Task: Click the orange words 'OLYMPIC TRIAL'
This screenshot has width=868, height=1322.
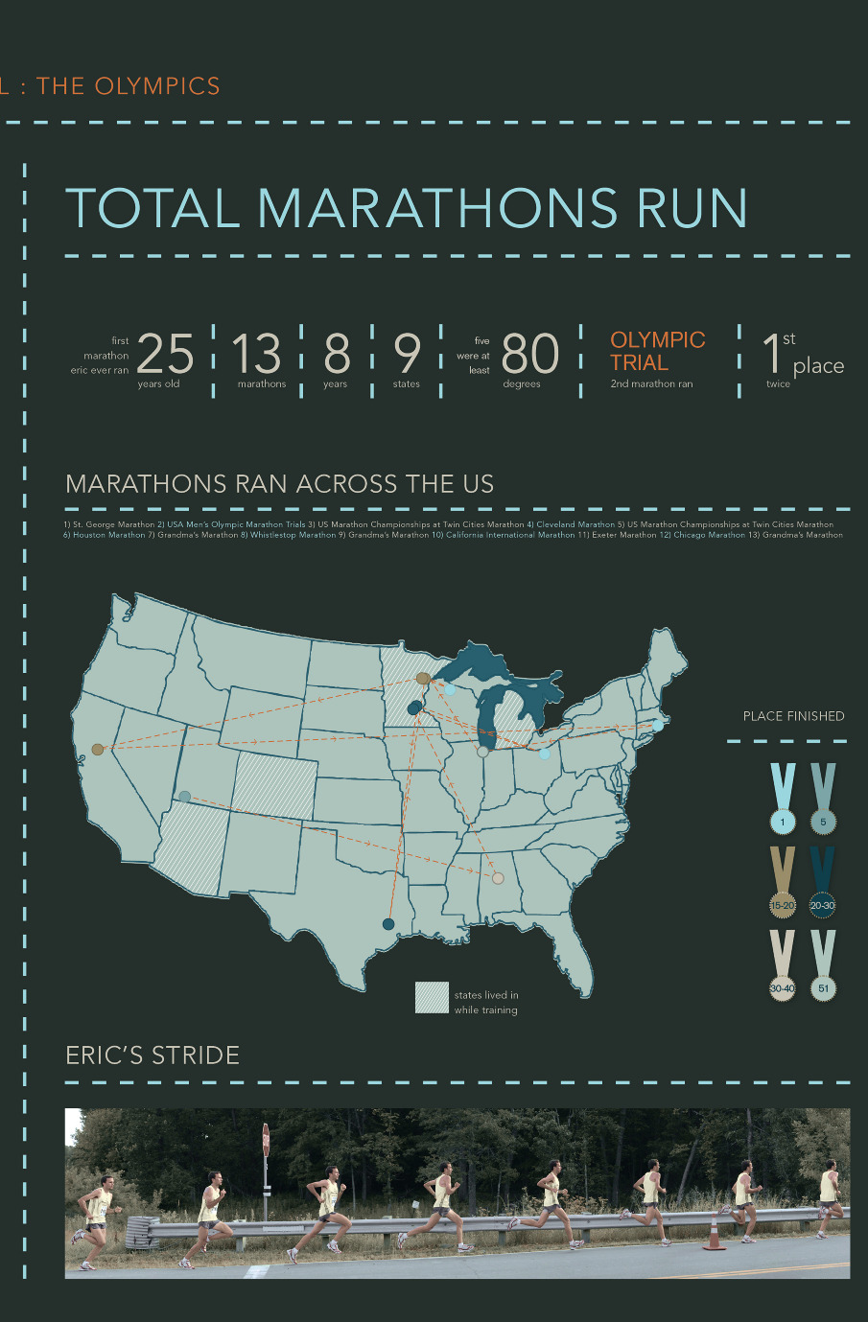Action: [658, 352]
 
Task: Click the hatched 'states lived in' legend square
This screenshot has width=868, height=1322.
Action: [432, 997]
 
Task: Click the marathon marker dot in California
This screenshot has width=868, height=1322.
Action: [97, 749]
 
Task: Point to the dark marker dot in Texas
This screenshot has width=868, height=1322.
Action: [388, 924]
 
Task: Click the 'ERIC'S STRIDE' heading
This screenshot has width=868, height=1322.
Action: [152, 1055]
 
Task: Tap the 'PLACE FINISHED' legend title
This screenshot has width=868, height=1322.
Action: [793, 716]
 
